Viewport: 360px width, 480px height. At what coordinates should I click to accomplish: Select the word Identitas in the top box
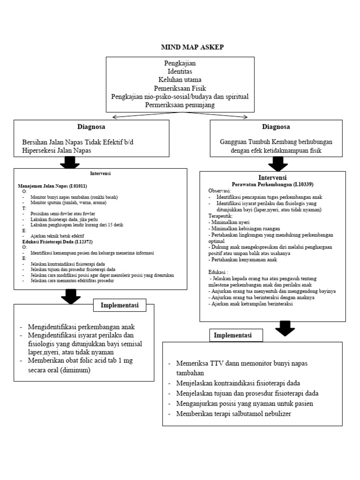[x=180, y=71]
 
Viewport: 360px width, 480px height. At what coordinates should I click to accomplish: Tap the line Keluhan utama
[x=180, y=80]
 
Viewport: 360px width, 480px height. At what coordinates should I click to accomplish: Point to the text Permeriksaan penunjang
[x=180, y=105]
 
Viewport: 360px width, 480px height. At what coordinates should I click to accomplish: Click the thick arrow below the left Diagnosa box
[x=70, y=162]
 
